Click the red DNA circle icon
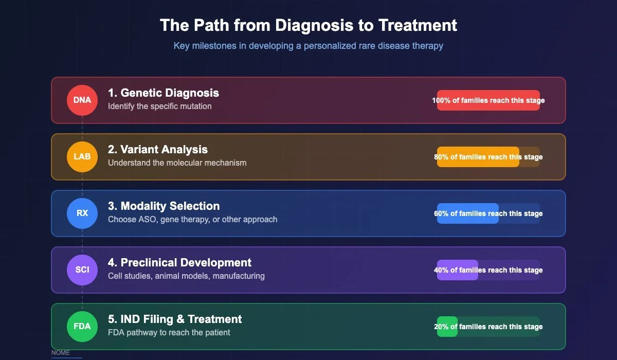coord(82,100)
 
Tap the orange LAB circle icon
coord(82,156)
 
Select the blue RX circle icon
coord(82,213)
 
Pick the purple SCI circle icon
coord(82,269)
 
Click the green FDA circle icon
coord(82,326)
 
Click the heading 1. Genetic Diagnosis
coord(163,93)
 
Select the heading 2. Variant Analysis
coord(157,150)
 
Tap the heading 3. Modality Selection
coord(164,206)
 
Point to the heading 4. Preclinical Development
coord(179,263)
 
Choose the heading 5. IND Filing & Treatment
coord(175,319)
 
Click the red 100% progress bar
coord(488,100)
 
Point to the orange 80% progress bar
coord(478,157)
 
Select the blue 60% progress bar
coord(467,213)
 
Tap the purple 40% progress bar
coord(457,270)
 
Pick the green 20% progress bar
coord(447,327)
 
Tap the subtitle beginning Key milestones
coord(308,46)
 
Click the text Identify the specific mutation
coord(159,106)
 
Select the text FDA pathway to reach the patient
coord(169,333)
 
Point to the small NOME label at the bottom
coord(60,353)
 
